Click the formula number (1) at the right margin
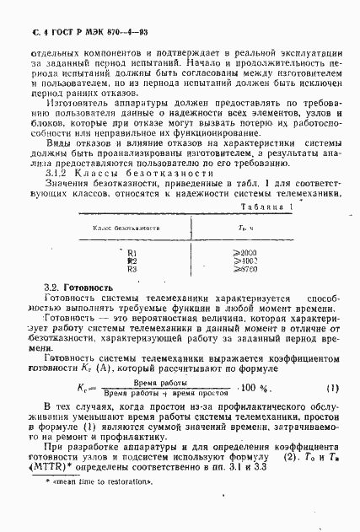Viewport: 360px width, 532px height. point(331,388)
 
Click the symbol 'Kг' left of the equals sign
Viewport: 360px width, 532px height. point(84,390)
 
